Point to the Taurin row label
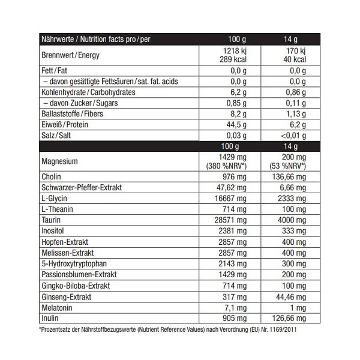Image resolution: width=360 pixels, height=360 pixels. point(50,220)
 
